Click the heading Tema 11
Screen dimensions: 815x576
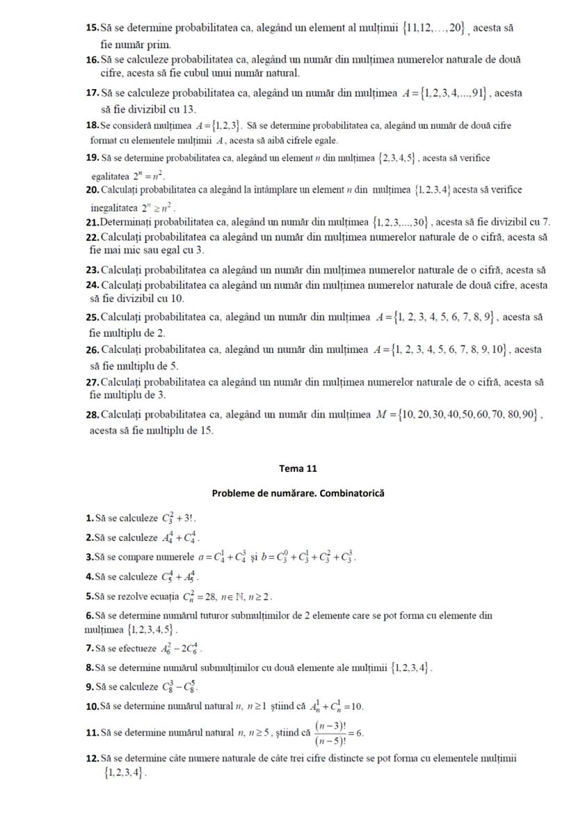tap(298, 468)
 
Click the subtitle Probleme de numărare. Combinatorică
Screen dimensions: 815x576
tap(298, 493)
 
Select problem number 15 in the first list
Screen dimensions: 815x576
tap(93, 28)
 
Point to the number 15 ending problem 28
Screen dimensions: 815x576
tap(206, 430)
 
